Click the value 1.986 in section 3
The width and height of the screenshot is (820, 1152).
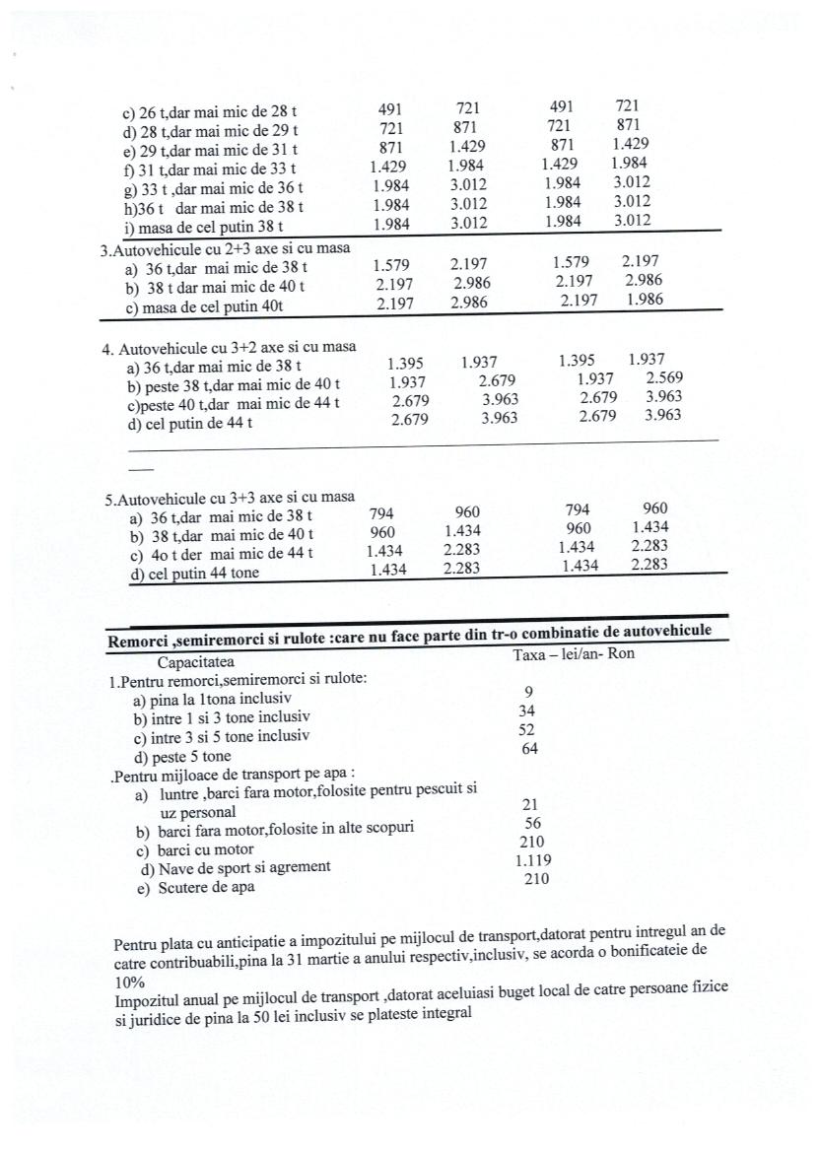(645, 300)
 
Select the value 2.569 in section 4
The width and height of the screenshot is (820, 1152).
(665, 378)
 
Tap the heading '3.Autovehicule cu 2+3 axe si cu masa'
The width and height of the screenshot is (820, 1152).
(227, 250)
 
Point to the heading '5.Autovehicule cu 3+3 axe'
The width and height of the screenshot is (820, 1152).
(230, 498)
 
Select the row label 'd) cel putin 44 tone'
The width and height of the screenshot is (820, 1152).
(194, 574)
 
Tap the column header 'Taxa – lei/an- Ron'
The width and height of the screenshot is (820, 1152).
(574, 653)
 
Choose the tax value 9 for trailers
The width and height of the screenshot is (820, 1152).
(529, 692)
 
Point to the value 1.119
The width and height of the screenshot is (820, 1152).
(533, 860)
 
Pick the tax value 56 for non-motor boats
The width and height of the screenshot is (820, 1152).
(532, 823)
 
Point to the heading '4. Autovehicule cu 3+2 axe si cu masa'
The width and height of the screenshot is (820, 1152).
(229, 348)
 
